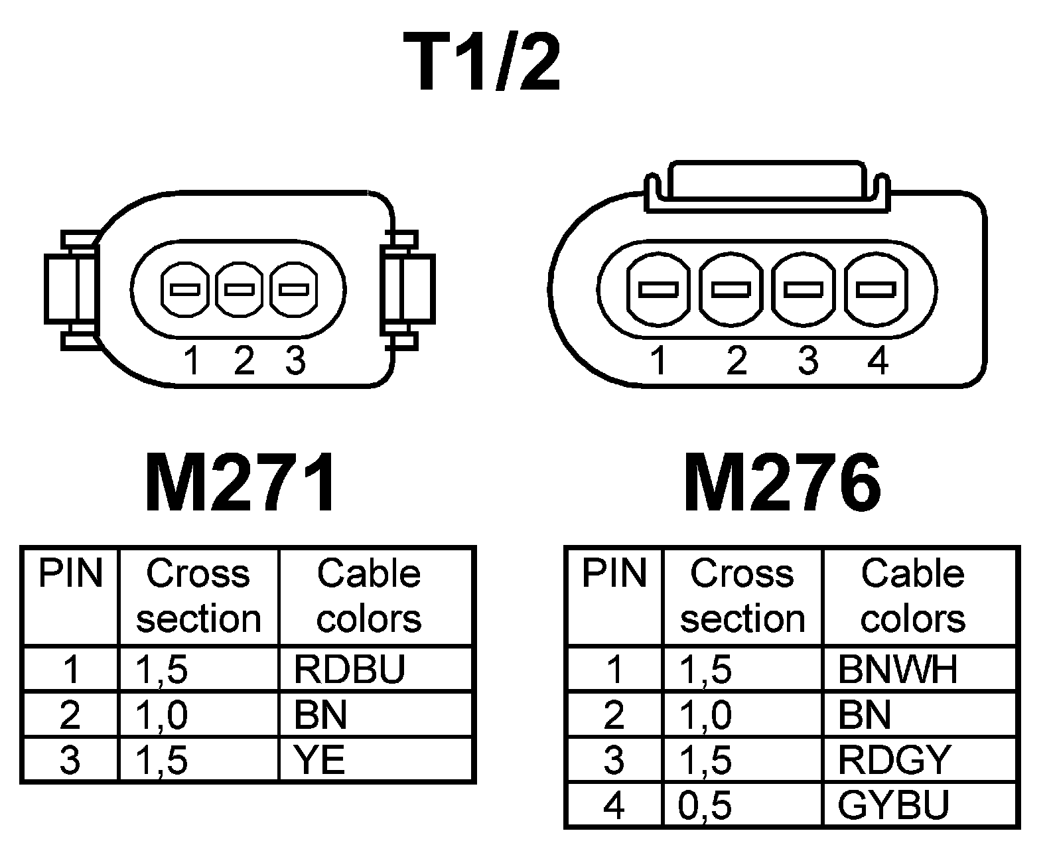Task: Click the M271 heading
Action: click(x=241, y=483)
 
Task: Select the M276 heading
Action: click(x=783, y=483)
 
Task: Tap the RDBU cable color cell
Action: click(x=349, y=669)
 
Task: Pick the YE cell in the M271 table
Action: click(x=320, y=759)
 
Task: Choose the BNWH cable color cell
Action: click(x=898, y=669)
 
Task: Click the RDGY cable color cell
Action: click(x=894, y=759)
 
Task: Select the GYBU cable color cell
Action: click(x=894, y=805)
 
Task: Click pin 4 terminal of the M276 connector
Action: click(x=876, y=289)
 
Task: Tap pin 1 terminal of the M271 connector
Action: click(x=185, y=289)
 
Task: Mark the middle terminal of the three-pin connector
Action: click(x=240, y=289)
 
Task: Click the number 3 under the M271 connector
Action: click(x=295, y=361)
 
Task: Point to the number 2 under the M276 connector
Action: click(x=736, y=361)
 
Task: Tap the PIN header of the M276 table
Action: click(x=614, y=574)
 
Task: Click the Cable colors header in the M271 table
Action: click(x=369, y=595)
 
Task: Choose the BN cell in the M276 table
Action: click(x=864, y=715)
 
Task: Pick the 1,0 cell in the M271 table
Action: click(x=161, y=715)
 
